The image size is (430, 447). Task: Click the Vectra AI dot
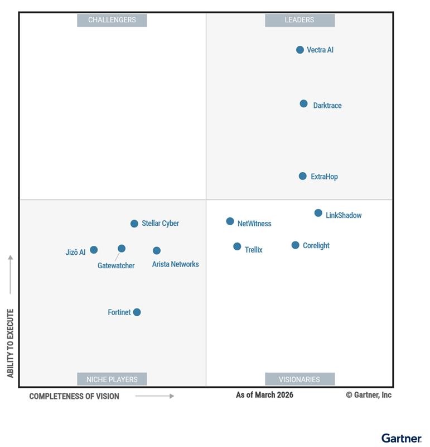click(300, 50)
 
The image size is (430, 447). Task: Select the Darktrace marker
click(303, 103)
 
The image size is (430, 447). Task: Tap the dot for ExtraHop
click(303, 176)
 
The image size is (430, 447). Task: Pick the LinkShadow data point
click(318, 213)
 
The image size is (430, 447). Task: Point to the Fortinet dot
click(137, 312)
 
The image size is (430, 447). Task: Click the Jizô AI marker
click(94, 250)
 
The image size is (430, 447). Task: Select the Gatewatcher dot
click(122, 249)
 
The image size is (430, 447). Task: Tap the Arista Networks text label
click(175, 264)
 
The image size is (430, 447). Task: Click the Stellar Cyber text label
click(160, 223)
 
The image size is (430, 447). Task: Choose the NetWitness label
click(254, 223)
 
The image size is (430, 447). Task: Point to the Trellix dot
click(237, 246)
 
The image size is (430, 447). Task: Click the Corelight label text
click(316, 245)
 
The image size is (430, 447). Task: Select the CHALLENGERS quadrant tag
click(112, 20)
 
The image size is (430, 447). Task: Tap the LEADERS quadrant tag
click(299, 20)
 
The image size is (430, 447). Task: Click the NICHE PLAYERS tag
click(112, 379)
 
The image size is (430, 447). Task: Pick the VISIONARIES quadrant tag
click(299, 379)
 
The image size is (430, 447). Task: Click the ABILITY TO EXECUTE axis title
click(10, 343)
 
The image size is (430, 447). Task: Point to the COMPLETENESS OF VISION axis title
click(74, 396)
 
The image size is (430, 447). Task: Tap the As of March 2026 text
click(264, 395)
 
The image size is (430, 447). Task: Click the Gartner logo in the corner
click(401, 438)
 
